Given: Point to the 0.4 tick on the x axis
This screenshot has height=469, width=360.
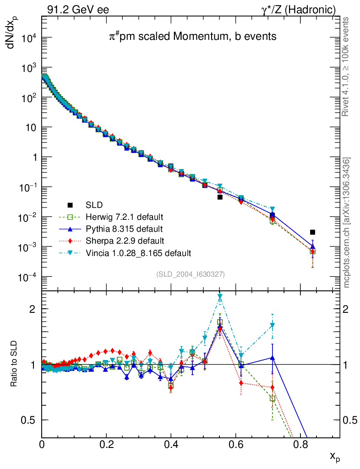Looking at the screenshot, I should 171,444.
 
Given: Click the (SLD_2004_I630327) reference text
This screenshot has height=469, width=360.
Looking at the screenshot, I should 190,274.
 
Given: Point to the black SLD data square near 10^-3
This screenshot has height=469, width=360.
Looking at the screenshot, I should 312,232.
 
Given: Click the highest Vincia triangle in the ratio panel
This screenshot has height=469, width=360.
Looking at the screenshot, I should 220,297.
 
